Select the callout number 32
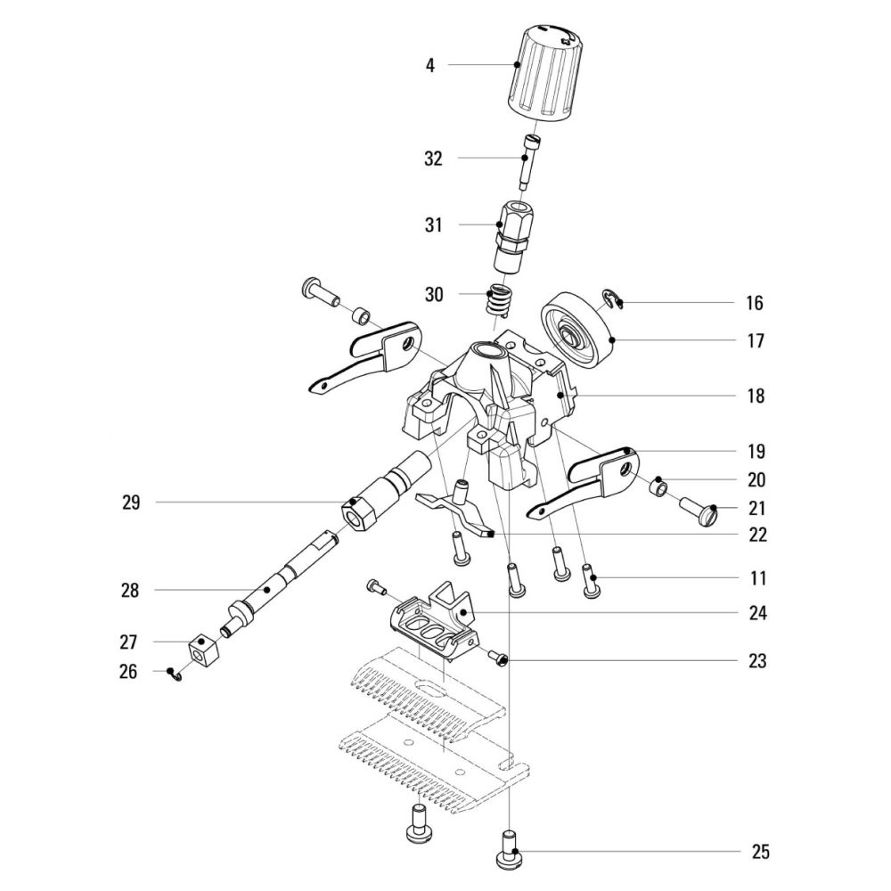tap(433, 159)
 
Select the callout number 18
tap(756, 396)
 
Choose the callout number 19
tap(756, 451)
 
